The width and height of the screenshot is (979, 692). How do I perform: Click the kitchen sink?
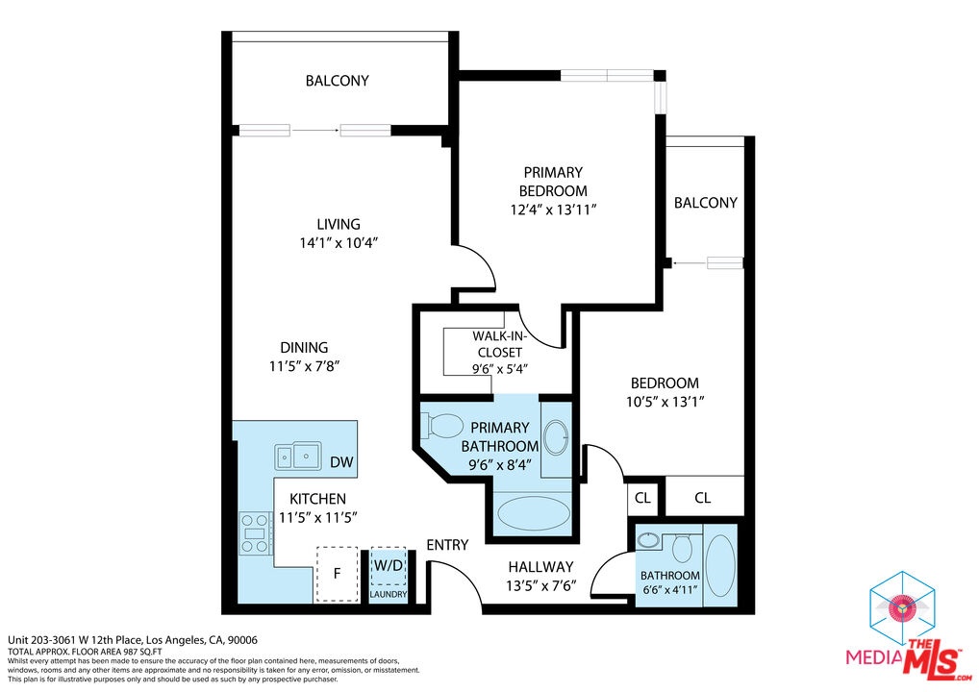tap(298, 457)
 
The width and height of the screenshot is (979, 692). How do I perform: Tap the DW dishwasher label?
tap(341, 462)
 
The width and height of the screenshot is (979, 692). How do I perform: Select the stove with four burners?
tap(255, 533)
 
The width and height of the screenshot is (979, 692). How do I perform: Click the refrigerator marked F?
tap(338, 574)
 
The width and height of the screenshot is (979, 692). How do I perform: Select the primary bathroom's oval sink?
tap(556, 437)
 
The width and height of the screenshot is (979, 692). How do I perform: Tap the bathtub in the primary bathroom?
tap(533, 513)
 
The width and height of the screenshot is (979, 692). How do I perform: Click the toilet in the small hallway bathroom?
tap(682, 548)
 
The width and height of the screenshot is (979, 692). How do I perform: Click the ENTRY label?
tap(447, 545)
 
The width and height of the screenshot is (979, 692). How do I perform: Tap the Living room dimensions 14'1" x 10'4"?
tap(339, 243)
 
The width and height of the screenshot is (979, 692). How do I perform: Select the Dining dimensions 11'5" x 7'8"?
tap(304, 365)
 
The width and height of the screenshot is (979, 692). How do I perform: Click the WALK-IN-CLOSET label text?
tap(499, 344)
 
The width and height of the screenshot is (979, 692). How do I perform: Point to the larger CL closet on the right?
tap(703, 497)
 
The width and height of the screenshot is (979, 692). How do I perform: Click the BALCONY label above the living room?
tap(338, 81)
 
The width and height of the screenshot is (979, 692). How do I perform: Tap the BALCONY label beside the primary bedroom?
tap(706, 203)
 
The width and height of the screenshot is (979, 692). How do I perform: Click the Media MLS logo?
tap(908, 627)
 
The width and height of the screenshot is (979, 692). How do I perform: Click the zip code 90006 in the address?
tap(242, 639)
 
